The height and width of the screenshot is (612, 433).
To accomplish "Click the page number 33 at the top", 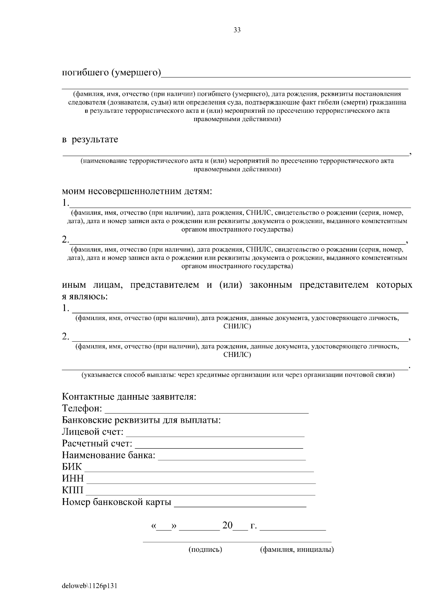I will click(237, 30).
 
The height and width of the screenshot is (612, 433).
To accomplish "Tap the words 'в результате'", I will click(90, 140).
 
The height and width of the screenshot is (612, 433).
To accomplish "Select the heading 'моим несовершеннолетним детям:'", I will click(137, 191).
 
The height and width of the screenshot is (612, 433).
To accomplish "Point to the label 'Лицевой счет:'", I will click(93, 432).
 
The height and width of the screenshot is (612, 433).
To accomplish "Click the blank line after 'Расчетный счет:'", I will click(219, 445).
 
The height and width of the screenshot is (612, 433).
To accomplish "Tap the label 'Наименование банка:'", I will click(109, 456).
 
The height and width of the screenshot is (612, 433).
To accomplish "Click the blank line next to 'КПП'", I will click(200, 492).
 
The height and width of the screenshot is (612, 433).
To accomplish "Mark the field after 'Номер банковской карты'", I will click(240, 504).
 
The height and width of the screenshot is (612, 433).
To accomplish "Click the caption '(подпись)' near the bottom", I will click(205, 550).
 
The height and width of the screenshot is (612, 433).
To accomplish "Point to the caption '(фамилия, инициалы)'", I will click(297, 550).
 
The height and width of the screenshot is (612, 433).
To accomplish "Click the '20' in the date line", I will click(227, 525).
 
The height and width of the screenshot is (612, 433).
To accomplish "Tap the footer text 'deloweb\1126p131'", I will click(90, 586).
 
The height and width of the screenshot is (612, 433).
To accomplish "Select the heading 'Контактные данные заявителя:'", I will click(129, 397).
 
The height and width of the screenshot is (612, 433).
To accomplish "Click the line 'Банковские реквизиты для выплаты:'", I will click(141, 421).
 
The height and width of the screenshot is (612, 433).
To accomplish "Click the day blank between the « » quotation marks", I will click(164, 527).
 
